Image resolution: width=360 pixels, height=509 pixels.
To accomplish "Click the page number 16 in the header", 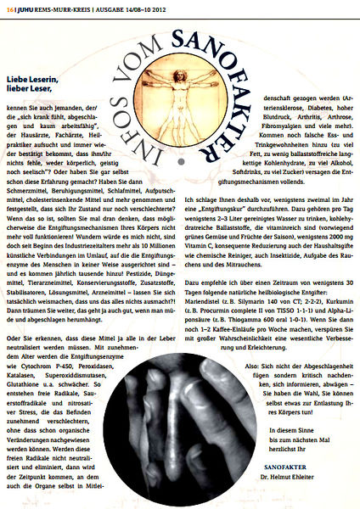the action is [x=8, y=8].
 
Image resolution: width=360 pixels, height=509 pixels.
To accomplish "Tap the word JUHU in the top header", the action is [x=25, y=8].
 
